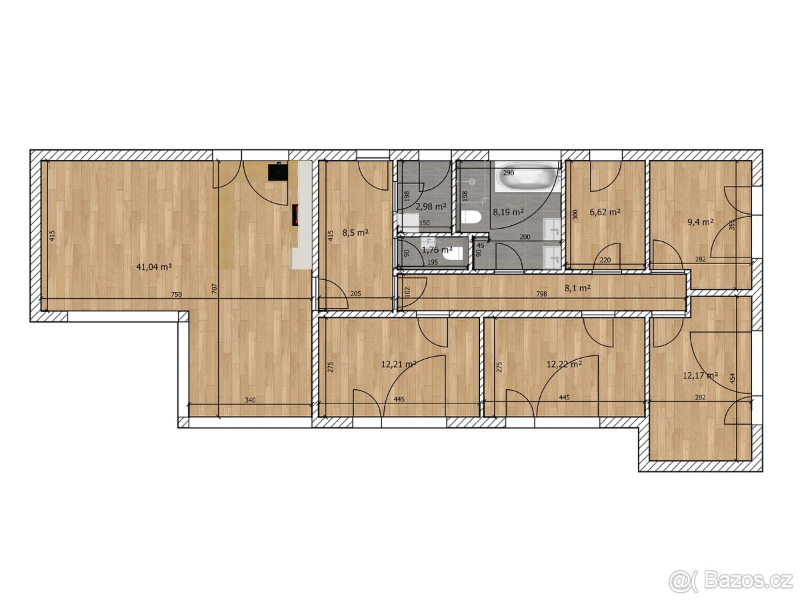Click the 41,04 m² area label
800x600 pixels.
154,267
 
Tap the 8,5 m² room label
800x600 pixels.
355,233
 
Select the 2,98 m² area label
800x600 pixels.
431,207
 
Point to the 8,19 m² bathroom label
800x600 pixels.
509,212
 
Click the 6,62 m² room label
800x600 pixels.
605,211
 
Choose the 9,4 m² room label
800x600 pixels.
700,222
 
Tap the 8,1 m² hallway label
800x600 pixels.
577,288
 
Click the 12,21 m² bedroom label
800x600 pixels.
399,364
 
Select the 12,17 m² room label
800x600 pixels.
700,375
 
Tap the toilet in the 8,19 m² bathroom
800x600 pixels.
471,217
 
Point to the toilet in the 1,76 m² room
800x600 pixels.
453,254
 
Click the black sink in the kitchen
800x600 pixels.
278,171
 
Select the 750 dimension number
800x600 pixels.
177,295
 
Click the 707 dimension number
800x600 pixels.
214,289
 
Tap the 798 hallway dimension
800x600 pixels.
541,295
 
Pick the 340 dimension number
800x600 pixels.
250,400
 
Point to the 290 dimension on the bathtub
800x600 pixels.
509,173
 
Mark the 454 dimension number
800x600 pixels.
733,378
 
